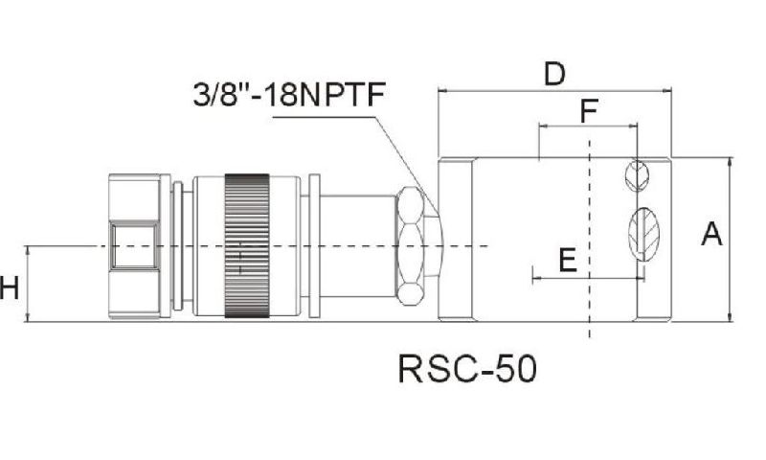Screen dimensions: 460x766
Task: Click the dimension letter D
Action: [x=554, y=74]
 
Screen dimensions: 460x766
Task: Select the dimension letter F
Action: [x=590, y=111]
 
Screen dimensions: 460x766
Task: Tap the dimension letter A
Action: [x=711, y=233]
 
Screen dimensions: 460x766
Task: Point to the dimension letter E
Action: [x=567, y=260]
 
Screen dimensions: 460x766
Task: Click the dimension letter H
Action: [x=10, y=287]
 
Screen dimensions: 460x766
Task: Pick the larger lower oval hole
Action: [x=642, y=233]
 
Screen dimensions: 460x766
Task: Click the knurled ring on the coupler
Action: [x=246, y=245]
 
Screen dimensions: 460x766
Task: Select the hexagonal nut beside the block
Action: [x=418, y=245]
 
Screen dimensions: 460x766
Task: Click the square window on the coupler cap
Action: [x=133, y=245]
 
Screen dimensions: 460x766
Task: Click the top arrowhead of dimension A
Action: [x=730, y=162]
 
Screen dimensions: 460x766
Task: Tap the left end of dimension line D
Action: [x=439, y=91]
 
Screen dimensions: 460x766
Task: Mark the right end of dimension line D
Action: [x=670, y=91]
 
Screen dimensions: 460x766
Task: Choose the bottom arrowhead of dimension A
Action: [x=730, y=317]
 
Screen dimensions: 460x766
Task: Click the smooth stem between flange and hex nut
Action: [x=357, y=245]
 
